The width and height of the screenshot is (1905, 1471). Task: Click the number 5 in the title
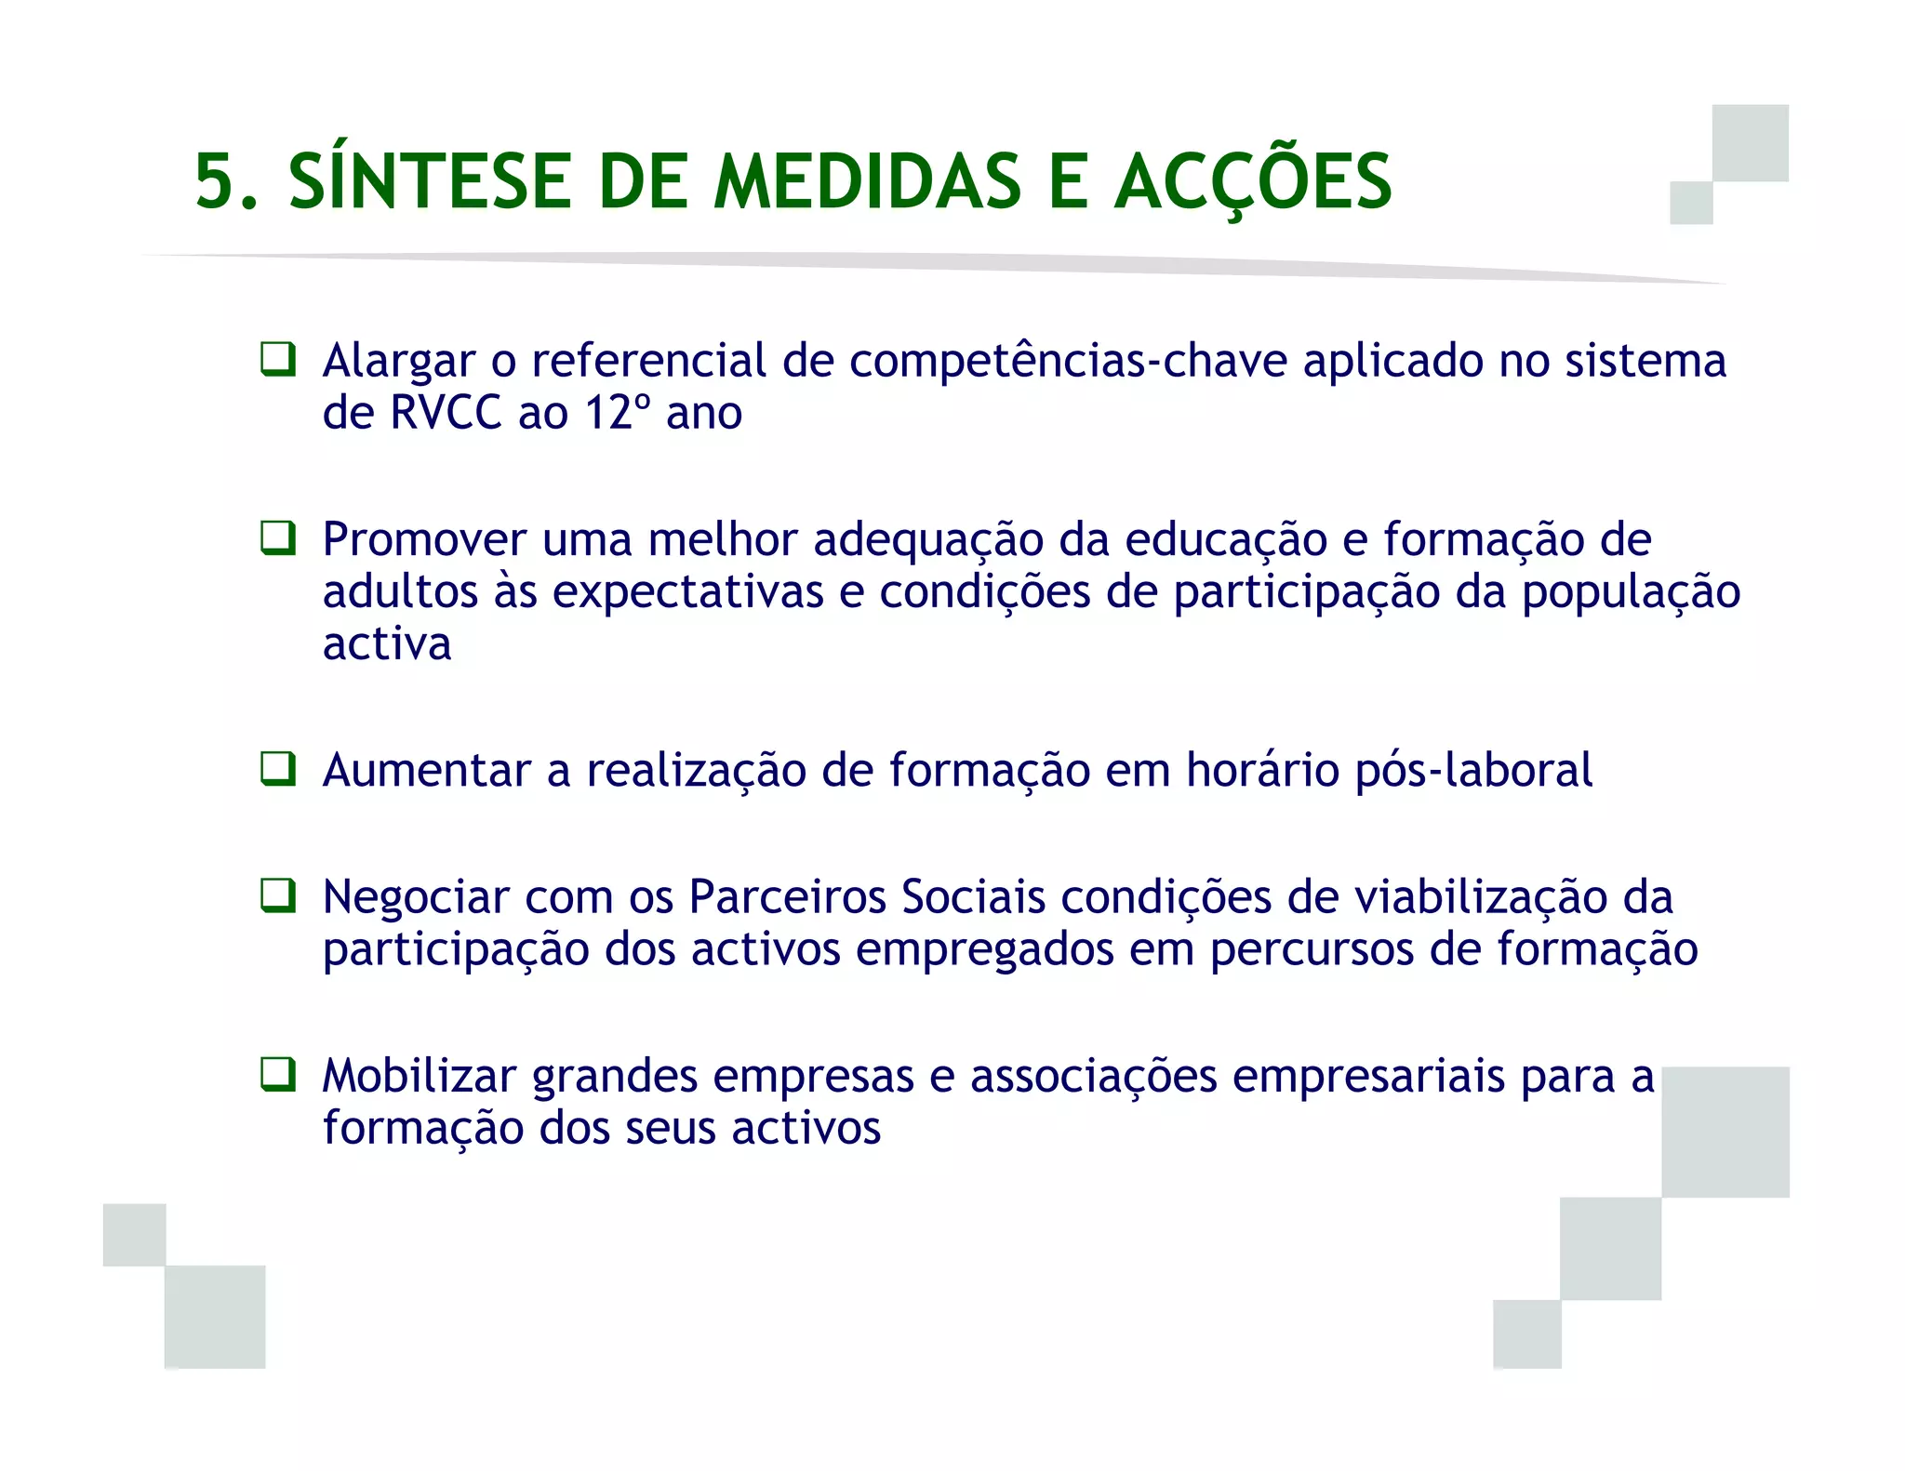[216, 181]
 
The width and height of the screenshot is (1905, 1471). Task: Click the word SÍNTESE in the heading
[429, 181]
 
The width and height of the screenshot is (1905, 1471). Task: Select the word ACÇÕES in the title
[1252, 181]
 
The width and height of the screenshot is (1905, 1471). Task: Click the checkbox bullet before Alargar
[277, 359]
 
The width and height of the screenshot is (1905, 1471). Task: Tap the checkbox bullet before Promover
[277, 538]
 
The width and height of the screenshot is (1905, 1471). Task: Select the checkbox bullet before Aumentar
[277, 769]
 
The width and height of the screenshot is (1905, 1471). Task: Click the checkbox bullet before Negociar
[277, 896]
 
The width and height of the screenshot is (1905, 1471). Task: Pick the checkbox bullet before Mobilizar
[277, 1075]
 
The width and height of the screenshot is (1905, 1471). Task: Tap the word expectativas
[688, 592]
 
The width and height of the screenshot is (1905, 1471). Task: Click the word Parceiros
[787, 897]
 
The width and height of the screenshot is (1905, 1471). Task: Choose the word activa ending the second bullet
[387, 643]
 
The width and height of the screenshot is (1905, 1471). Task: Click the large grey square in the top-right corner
[1750, 143]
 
